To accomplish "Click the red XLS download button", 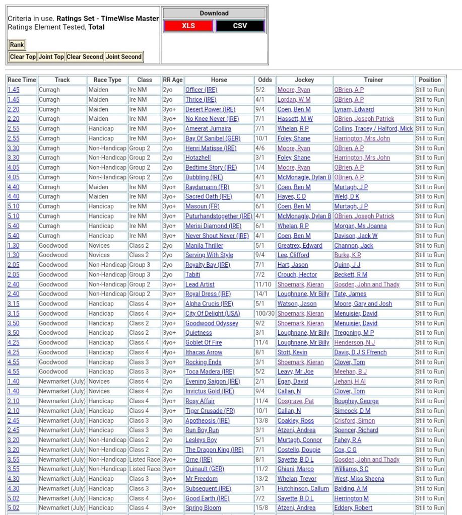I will [188, 26].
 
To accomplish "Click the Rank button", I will [17, 45].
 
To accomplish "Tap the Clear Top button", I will [23, 57].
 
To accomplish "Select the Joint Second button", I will [123, 57].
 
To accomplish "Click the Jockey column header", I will [304, 80].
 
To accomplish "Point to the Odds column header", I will [265, 80].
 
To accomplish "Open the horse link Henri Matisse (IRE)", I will [211, 149].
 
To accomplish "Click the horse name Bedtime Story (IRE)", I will [211, 168].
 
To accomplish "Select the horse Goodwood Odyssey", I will [212, 323].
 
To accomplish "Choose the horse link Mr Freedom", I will [202, 479].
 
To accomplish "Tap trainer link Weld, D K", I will [347, 197].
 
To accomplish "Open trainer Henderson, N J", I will [354, 343].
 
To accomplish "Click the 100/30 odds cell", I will [265, 314].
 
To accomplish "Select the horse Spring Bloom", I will [203, 508].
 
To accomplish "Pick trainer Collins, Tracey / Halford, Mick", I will [373, 129].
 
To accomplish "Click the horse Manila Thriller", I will [204, 246].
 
